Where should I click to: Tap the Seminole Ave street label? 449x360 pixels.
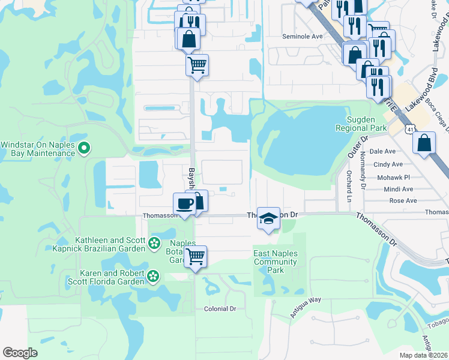pos(303,37)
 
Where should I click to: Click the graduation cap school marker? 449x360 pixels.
pos(268,218)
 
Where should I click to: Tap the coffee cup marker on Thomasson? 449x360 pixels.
pos(185,203)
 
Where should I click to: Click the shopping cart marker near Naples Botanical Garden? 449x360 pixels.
pos(195,257)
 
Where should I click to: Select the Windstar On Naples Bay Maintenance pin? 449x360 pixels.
pos(85,147)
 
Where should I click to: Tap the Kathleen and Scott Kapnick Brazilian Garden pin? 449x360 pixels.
pos(155,243)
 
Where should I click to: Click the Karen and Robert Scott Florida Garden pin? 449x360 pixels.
pos(154,276)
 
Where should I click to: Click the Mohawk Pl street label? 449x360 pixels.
pos(393,178)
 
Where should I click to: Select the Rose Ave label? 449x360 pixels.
pos(403,200)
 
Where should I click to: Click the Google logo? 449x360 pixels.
pos(20,353)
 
